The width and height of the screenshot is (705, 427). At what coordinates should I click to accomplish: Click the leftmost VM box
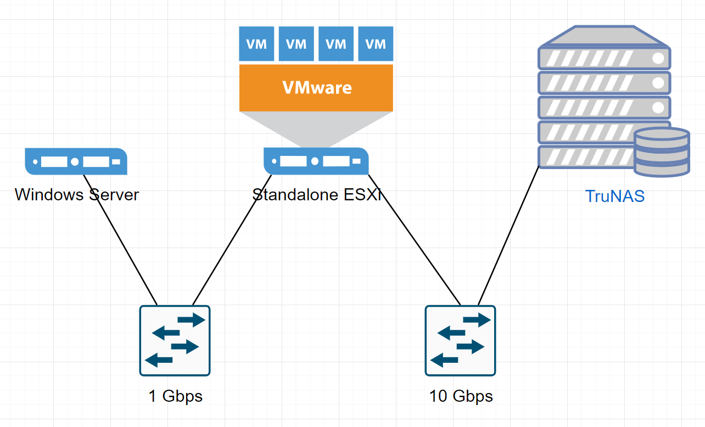256,44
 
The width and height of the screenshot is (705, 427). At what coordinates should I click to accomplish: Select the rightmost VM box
376,44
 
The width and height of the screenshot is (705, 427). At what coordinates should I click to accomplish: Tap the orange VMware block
316,88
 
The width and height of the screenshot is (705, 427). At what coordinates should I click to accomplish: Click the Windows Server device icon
76,161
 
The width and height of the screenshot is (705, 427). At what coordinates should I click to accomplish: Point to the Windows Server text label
77,195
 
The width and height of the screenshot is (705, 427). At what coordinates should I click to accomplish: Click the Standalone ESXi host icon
316,161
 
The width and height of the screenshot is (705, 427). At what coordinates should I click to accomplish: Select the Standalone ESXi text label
317,195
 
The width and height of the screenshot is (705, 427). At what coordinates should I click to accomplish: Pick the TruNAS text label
615,196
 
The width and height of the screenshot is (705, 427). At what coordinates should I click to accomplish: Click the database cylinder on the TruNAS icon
662,152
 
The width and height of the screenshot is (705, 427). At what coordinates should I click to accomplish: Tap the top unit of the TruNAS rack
604,58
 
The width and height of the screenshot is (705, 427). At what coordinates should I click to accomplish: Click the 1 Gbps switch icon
175,340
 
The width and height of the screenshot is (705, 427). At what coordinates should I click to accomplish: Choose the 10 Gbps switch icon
460,340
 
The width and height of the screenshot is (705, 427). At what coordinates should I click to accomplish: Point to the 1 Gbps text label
176,396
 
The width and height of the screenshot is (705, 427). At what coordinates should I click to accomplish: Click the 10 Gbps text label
461,396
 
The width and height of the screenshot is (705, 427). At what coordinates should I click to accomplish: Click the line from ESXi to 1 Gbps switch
231,241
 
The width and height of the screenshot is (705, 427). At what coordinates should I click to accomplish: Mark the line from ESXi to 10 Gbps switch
415,240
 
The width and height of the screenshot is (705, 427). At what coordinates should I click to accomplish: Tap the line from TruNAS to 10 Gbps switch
508,236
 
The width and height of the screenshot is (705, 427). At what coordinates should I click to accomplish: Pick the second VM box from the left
296,44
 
